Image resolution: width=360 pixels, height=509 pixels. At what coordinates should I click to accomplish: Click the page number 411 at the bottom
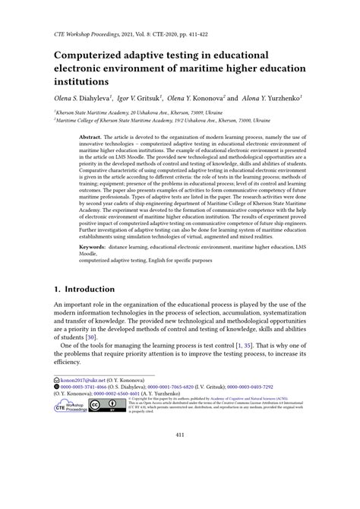180,477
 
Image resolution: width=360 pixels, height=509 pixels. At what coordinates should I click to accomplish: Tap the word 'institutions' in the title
85,82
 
